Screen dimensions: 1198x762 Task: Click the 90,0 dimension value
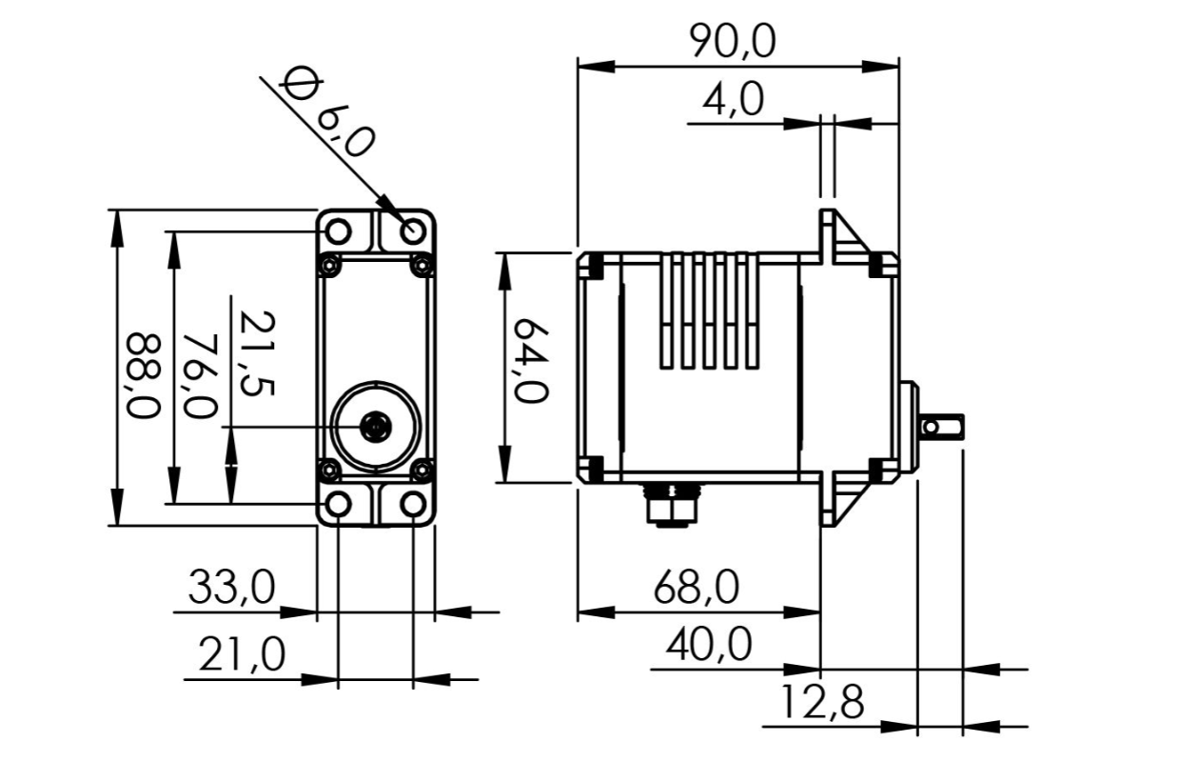click(x=732, y=42)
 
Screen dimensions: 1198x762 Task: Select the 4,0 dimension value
click(x=733, y=101)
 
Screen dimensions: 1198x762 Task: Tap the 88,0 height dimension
click(x=144, y=375)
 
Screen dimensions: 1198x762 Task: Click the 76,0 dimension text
click(x=200, y=375)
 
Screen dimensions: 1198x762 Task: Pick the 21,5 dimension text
click(x=258, y=353)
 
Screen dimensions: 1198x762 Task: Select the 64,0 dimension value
click(x=531, y=360)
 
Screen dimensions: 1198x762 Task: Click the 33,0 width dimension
click(x=231, y=588)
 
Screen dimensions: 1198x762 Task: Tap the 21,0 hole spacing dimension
click(x=242, y=653)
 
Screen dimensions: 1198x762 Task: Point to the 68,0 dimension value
click(x=697, y=588)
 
